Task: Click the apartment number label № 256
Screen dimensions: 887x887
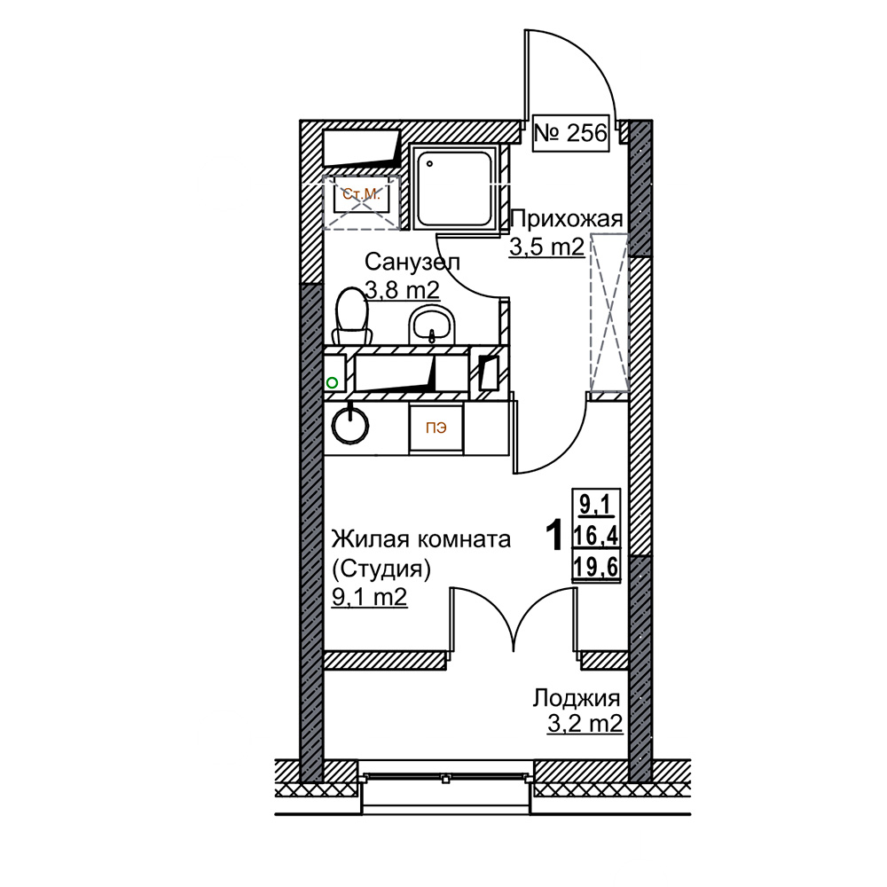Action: click(570, 134)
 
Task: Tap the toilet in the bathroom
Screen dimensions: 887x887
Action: click(351, 316)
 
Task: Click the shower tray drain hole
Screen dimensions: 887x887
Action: click(430, 164)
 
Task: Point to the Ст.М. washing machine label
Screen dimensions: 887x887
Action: click(361, 194)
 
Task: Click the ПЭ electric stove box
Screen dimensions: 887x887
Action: click(436, 428)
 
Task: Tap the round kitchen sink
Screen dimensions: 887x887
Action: click(350, 424)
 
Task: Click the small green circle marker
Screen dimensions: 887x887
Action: click(332, 383)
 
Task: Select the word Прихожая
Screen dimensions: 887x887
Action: click(566, 219)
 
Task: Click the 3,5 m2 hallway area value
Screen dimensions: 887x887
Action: click(546, 247)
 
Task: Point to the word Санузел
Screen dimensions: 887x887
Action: click(412, 262)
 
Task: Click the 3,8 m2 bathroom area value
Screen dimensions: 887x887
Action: click(402, 290)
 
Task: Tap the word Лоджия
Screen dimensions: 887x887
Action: click(576, 699)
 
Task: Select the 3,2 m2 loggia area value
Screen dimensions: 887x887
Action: click(585, 723)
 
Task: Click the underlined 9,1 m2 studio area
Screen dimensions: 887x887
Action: click(369, 597)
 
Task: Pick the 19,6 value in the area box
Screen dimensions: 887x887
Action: click(596, 566)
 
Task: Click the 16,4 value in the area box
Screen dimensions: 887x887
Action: click(596, 535)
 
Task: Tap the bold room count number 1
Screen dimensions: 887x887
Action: click(553, 535)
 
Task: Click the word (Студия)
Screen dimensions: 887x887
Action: click(381, 569)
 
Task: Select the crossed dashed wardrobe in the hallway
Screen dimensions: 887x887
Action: click(609, 312)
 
